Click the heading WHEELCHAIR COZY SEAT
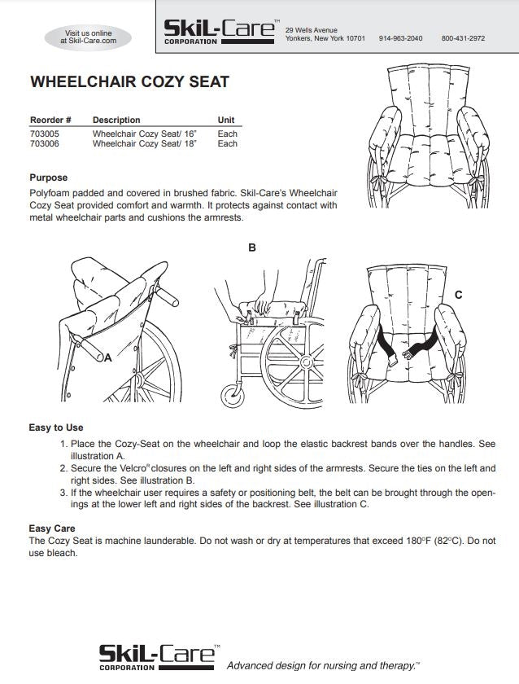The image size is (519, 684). tap(129, 82)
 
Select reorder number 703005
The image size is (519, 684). tap(44, 133)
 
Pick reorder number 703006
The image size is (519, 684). tap(44, 143)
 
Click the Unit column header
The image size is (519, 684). tap(226, 120)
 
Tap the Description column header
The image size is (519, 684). tap(116, 120)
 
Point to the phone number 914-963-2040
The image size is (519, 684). tap(400, 38)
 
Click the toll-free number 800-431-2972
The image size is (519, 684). tap(463, 38)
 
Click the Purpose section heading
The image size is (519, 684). tap(49, 178)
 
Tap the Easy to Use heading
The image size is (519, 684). tap(56, 427)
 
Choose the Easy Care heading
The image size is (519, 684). tap(52, 528)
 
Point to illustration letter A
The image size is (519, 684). tap(107, 357)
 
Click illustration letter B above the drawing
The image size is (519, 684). tap(251, 248)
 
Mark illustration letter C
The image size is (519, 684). tap(459, 295)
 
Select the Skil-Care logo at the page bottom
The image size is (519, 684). tap(158, 656)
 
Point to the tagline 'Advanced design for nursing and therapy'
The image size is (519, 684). tap(323, 665)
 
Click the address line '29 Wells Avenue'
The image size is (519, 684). tap(312, 30)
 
